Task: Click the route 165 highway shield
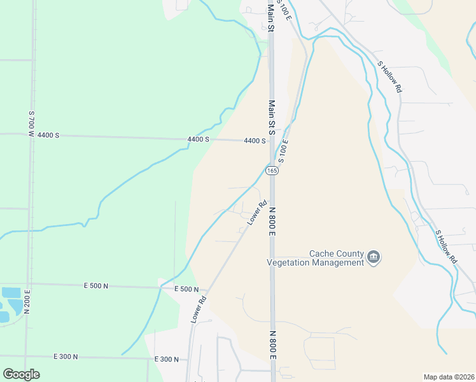click(x=272, y=170)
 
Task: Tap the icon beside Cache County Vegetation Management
click(x=373, y=257)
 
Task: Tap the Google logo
click(x=21, y=374)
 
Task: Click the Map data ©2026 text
click(x=449, y=377)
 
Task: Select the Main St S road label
click(x=271, y=118)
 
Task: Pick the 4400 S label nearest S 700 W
click(x=48, y=136)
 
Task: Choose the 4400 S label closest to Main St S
click(x=255, y=141)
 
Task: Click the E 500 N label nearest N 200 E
click(x=97, y=286)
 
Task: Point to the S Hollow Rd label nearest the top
click(x=390, y=77)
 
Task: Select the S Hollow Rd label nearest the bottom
click(x=446, y=247)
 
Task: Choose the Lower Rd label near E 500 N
click(x=199, y=309)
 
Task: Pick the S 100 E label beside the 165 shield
click(x=283, y=152)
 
